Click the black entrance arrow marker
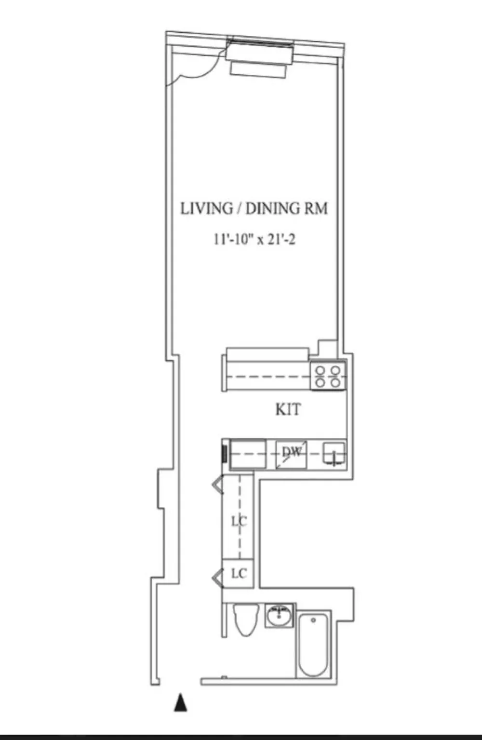(180, 702)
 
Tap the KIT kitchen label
(288, 410)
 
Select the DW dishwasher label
(292, 452)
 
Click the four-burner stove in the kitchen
(328, 376)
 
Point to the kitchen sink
(334, 454)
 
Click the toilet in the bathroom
(246, 620)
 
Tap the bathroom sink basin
(280, 616)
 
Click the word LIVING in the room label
(206, 209)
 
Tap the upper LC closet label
(239, 522)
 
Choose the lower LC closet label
(239, 574)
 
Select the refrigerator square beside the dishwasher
(248, 453)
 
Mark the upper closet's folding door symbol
(217, 484)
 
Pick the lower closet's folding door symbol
(217, 578)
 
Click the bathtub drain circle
(313, 620)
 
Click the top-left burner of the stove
(320, 370)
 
